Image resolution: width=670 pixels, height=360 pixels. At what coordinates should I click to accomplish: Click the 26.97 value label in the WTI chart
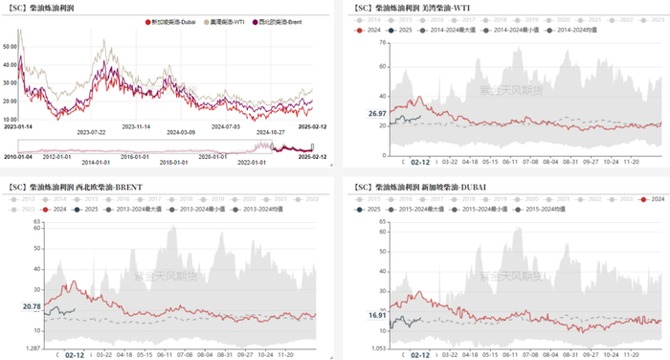(x=378, y=114)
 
